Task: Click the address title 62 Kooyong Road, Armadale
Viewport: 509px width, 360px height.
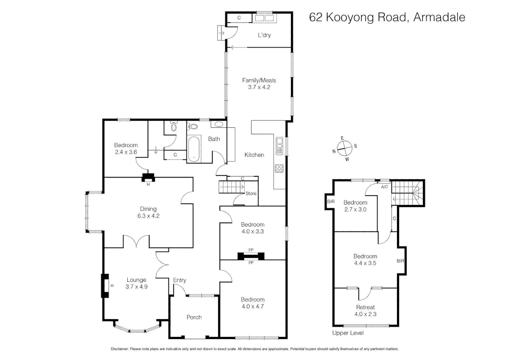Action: [x=387, y=17]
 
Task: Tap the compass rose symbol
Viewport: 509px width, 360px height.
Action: [x=344, y=148]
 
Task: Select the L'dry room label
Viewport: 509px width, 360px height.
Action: [x=264, y=35]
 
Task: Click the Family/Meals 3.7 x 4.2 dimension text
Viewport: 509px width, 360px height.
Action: [x=259, y=87]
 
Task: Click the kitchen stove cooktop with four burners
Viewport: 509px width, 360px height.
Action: [x=279, y=168]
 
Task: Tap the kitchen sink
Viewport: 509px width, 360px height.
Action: [x=279, y=146]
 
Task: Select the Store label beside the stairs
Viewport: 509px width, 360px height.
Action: [x=251, y=193]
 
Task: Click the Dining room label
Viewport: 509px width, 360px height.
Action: [x=148, y=209]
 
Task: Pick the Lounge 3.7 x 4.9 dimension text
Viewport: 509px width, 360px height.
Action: [x=136, y=287]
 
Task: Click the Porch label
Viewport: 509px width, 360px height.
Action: [x=194, y=317]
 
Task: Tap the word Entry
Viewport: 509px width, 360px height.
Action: [x=180, y=280]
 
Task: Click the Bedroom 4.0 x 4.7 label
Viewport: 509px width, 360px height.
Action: [x=253, y=303]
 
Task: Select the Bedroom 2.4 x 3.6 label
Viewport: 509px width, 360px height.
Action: [x=126, y=149]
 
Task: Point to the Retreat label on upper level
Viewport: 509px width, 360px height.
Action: [x=365, y=307]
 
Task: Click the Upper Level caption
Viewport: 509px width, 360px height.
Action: [x=348, y=333]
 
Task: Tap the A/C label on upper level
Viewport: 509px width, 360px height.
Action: [x=384, y=187]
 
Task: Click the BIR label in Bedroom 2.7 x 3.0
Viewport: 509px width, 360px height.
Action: [x=330, y=202]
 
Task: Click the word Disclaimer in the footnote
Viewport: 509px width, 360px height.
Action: [x=120, y=349]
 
